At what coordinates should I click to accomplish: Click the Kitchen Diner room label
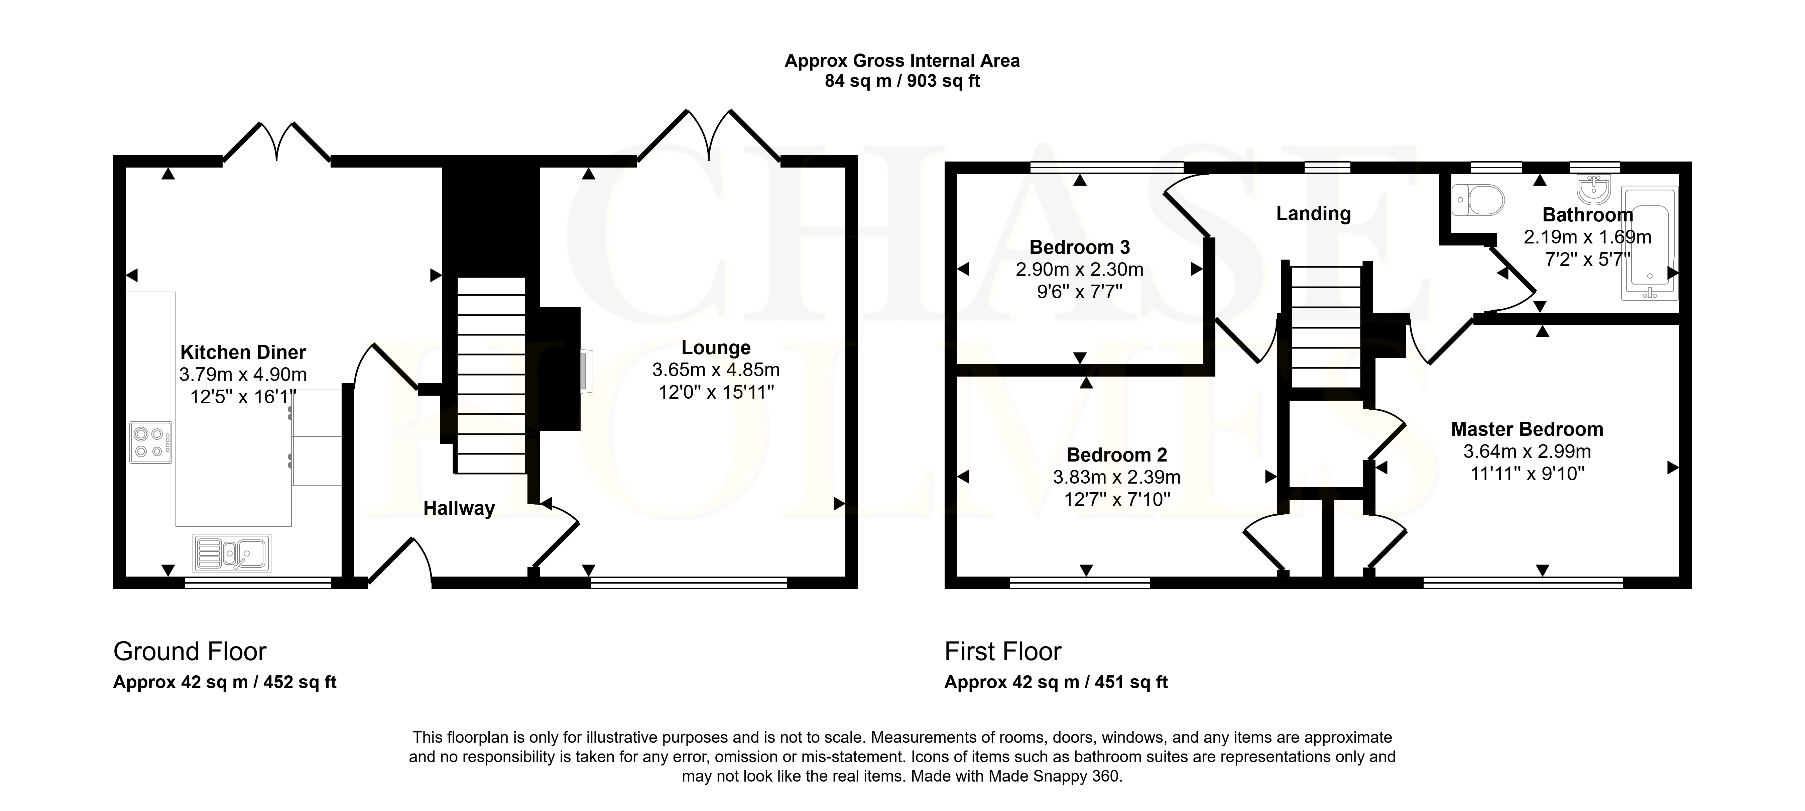tap(243, 352)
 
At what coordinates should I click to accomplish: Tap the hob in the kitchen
tap(151, 442)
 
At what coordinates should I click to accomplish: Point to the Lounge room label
tap(716, 348)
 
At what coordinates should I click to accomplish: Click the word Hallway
tap(459, 508)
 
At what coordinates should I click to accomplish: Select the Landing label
tap(1313, 214)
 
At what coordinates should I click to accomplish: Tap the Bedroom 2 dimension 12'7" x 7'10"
tap(1117, 499)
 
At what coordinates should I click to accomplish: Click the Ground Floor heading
tap(190, 652)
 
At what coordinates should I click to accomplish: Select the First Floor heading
tap(1003, 652)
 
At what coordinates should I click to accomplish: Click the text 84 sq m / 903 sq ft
tap(902, 81)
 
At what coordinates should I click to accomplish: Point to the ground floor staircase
tap(490, 375)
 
